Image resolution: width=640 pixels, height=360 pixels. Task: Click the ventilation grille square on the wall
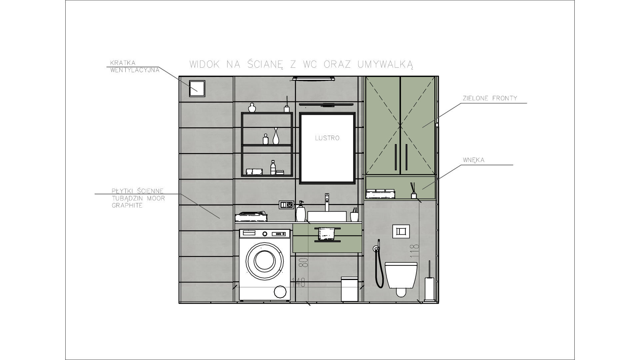coord(197,88)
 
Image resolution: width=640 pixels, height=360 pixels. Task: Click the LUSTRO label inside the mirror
coord(327,138)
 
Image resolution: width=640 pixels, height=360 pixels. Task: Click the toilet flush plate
coord(401,231)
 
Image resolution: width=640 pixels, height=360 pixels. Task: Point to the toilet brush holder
coord(430,281)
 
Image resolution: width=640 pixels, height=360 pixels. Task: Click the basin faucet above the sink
coord(327,202)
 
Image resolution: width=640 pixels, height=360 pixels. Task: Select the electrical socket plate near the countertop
coord(286,205)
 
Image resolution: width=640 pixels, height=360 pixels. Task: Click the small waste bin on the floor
coord(350,289)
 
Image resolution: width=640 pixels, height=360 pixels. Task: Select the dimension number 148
coord(298,283)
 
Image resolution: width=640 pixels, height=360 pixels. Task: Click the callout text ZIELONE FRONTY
coord(490,98)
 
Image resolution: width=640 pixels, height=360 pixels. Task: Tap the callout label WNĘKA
coord(474,160)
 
